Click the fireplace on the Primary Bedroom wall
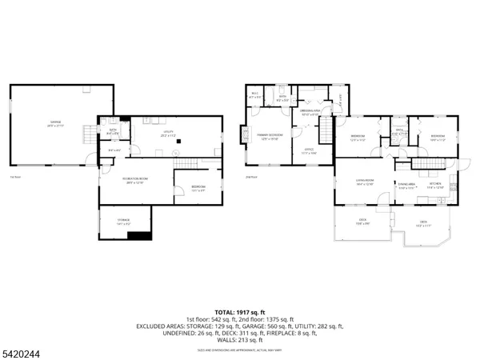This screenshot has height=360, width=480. click(245, 138)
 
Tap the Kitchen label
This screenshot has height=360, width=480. click(434, 186)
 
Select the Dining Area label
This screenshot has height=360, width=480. click(406, 186)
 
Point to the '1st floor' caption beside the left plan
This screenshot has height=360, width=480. click(13, 177)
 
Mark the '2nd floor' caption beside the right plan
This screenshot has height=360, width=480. click(251, 177)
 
